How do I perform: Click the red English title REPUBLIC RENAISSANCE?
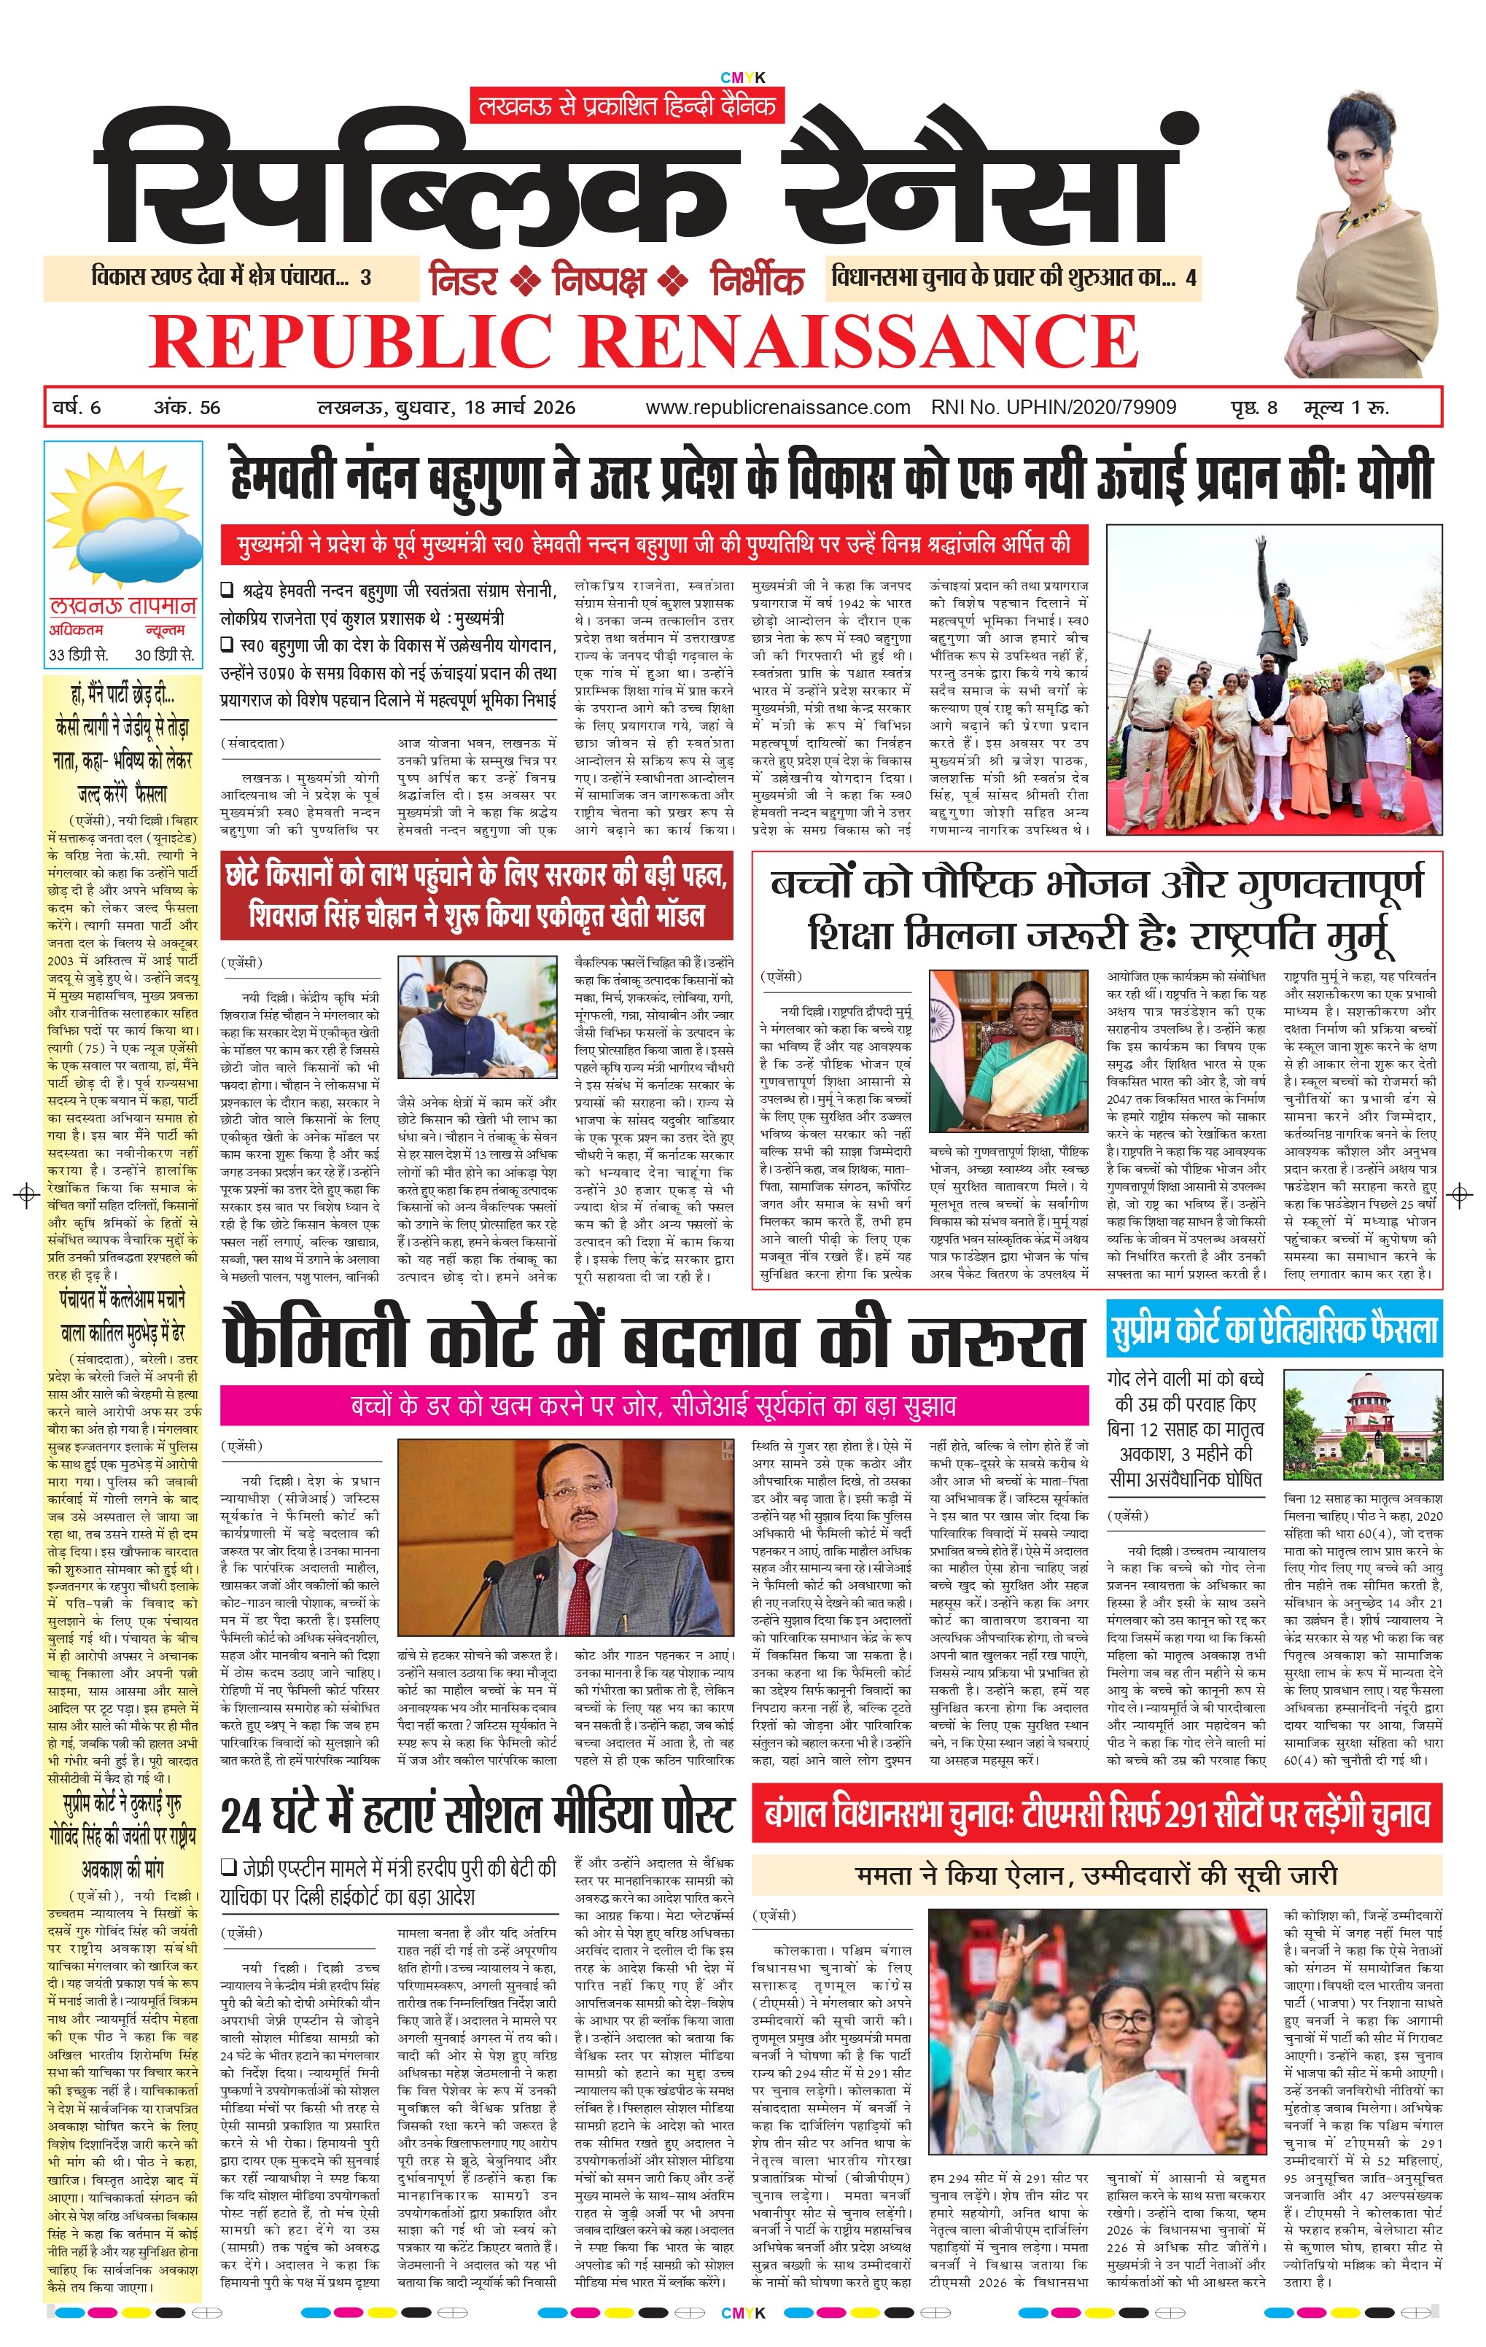643,340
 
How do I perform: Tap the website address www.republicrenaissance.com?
777,408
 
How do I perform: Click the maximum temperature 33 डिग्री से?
79,654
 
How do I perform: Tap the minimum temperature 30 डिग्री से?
164,654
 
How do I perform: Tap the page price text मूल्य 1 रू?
1347,408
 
